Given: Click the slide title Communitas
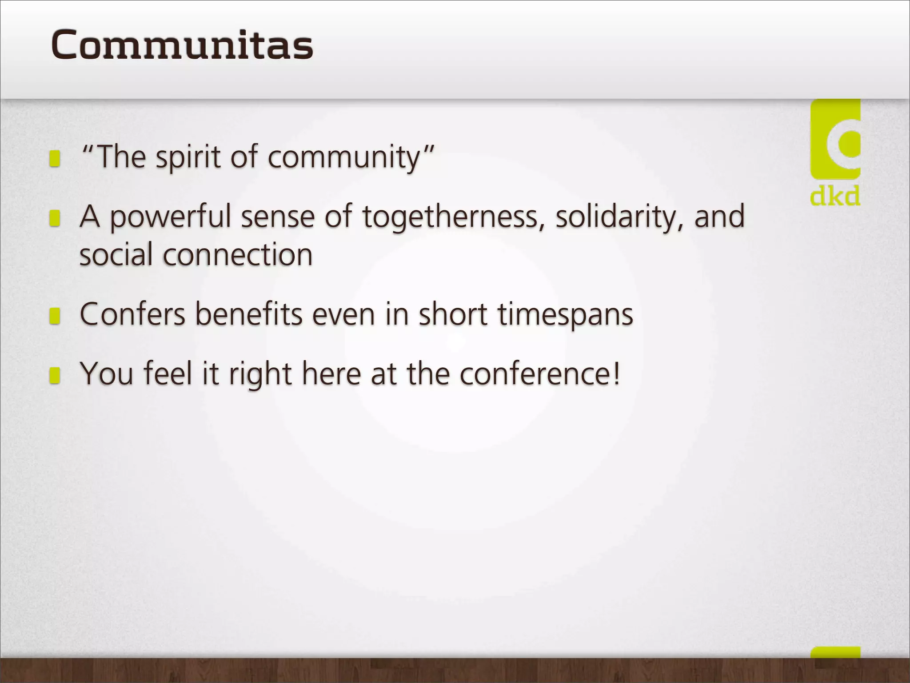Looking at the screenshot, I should (182, 44).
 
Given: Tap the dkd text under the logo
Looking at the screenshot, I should (835, 196).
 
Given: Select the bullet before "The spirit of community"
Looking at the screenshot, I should (55, 158).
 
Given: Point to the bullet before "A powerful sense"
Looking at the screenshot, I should (55, 218).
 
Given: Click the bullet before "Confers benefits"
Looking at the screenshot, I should (55, 316).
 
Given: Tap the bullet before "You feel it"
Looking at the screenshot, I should (55, 375).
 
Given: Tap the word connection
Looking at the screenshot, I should (237, 255).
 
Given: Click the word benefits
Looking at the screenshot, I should (249, 314).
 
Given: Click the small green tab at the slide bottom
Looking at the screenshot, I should (835, 652).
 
